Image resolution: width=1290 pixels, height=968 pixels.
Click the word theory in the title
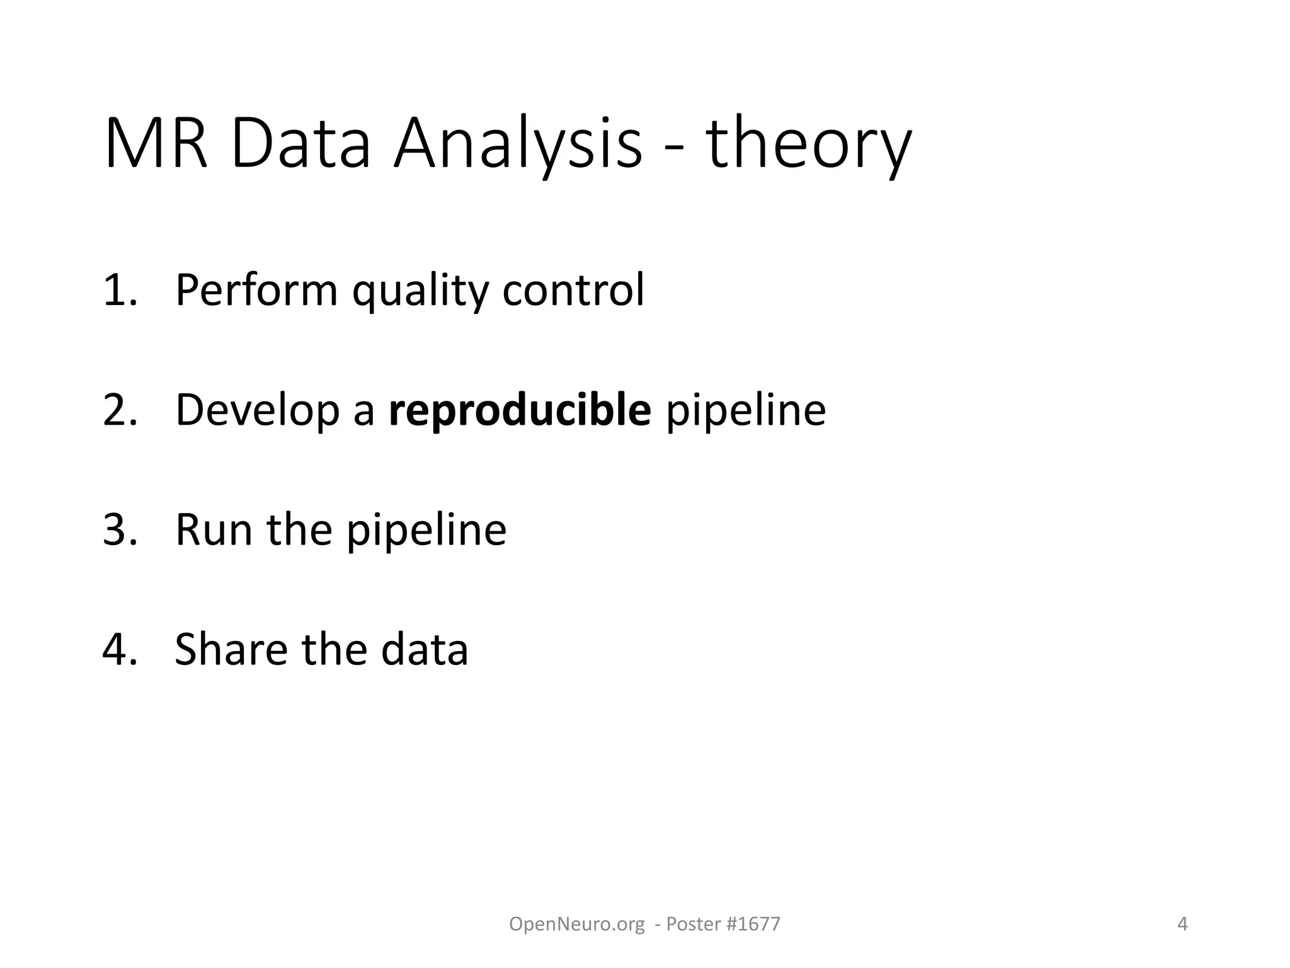(808, 146)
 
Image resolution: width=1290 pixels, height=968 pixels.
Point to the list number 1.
(119, 291)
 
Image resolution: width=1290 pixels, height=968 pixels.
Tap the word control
(573, 291)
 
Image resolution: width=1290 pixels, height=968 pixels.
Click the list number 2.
(119, 410)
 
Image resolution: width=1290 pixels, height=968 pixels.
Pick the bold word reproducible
(520, 412)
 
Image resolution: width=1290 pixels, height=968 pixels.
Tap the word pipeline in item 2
(746, 412)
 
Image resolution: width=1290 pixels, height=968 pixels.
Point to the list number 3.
(119, 530)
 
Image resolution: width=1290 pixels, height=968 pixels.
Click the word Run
(214, 530)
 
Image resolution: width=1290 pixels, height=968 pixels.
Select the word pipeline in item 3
(426, 531)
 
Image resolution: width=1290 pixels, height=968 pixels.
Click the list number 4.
(119, 650)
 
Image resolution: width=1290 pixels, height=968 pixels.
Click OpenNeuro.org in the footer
(576, 925)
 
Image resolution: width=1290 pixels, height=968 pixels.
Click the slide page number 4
(1182, 924)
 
